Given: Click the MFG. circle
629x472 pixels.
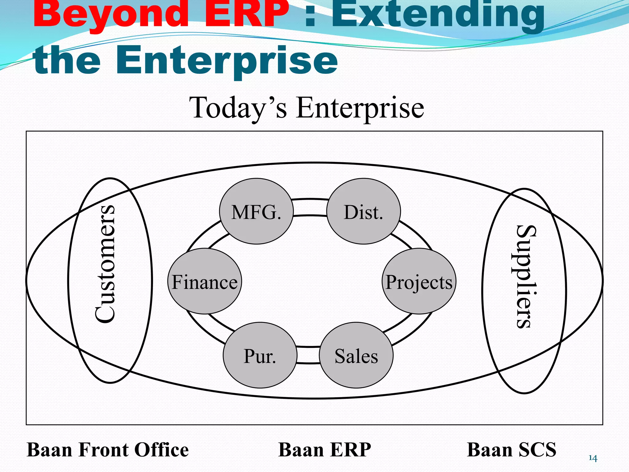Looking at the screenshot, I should [x=256, y=211].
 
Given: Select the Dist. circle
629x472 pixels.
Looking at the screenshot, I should [x=363, y=211].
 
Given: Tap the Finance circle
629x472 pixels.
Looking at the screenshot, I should [x=205, y=281].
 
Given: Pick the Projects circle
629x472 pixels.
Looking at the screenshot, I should [x=419, y=281].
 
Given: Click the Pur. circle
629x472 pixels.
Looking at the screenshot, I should [x=260, y=355].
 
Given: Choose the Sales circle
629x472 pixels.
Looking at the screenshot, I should [x=356, y=355].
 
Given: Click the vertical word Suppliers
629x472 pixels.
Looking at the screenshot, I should [x=526, y=277].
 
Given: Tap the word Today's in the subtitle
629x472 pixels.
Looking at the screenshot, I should [x=238, y=108].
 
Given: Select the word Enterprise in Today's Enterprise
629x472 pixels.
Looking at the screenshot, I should [x=360, y=108].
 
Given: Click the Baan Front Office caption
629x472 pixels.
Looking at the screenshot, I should [x=108, y=450].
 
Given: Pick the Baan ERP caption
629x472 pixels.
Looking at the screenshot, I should [x=325, y=450].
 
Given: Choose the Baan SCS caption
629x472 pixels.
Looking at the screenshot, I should [x=511, y=450].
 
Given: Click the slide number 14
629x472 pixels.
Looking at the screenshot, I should [x=593, y=458].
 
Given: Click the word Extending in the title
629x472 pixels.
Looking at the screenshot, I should [x=438, y=15].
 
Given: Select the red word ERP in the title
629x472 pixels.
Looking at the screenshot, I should [x=246, y=14].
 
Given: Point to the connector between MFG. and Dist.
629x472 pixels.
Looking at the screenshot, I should [x=310, y=207].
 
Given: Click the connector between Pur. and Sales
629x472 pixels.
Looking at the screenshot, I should [x=309, y=355].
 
